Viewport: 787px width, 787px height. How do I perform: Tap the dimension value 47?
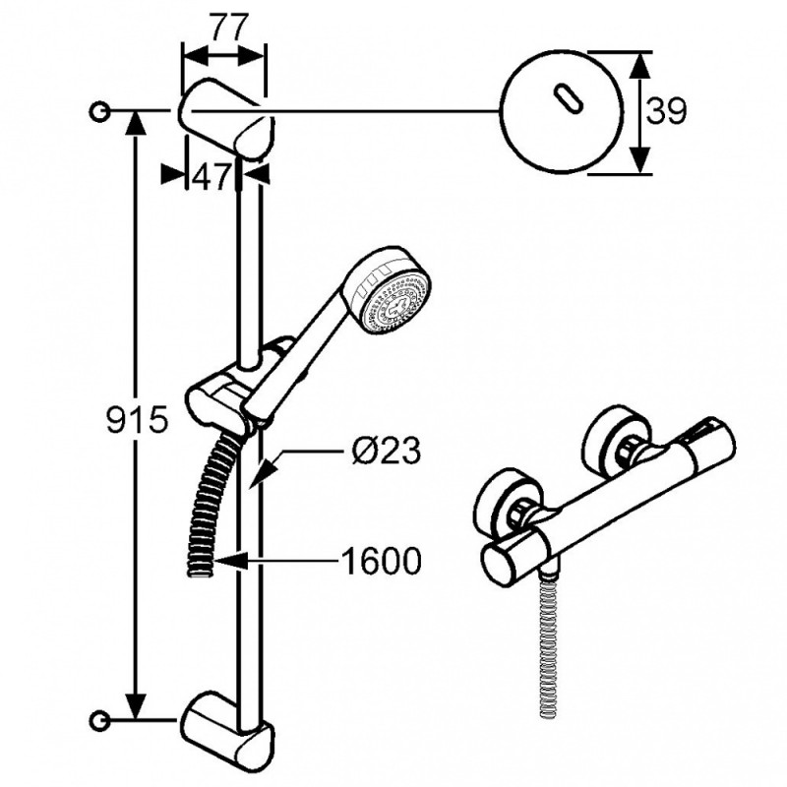(211, 176)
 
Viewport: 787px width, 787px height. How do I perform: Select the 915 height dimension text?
(137, 419)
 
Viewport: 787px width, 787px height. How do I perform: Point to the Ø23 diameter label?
(385, 451)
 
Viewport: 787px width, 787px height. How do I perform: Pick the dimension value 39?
(665, 111)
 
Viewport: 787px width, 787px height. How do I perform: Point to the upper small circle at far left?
(99, 111)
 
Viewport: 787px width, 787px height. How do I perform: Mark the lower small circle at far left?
(99, 720)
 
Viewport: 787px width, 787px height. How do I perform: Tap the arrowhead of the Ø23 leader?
(262, 474)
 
